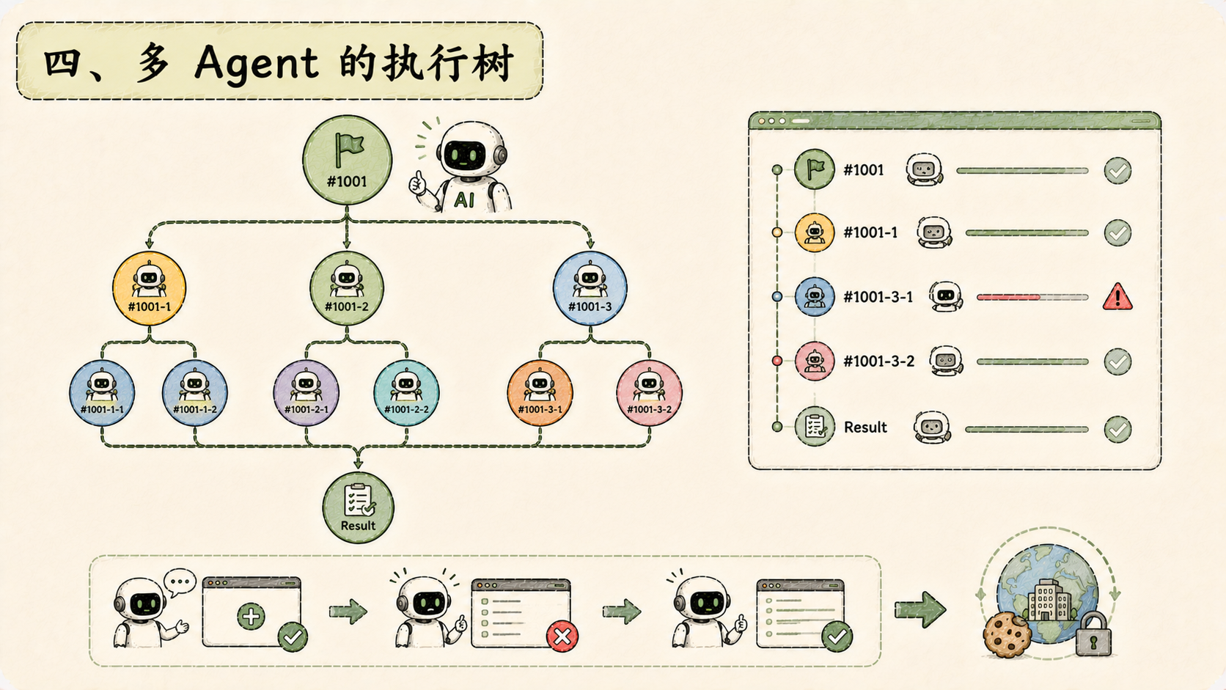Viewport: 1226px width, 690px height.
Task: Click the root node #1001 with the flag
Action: (x=347, y=160)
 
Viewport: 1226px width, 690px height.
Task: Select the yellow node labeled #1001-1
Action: (x=150, y=288)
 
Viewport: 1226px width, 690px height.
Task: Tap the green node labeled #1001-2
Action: (x=346, y=288)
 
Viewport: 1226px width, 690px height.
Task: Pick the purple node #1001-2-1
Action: (x=306, y=393)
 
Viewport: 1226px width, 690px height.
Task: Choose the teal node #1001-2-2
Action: (x=406, y=393)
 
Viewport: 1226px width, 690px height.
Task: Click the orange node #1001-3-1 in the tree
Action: (x=540, y=393)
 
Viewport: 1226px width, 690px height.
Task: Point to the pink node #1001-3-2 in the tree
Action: (x=649, y=393)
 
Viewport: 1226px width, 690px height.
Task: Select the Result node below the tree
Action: (x=358, y=508)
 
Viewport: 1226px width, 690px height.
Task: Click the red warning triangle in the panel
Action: (x=1117, y=297)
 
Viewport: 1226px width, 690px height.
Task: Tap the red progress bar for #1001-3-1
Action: (x=1008, y=298)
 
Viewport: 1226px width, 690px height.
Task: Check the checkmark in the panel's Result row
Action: (x=1117, y=429)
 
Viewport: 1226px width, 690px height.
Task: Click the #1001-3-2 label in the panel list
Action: (x=878, y=361)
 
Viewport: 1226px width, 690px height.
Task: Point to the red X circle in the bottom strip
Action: (x=562, y=636)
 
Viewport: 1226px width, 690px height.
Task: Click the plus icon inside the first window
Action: (x=252, y=617)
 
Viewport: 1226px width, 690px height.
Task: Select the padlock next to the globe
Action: (x=1093, y=634)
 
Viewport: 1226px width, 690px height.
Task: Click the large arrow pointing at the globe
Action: (x=920, y=609)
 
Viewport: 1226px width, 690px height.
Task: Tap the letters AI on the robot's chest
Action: (x=464, y=200)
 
